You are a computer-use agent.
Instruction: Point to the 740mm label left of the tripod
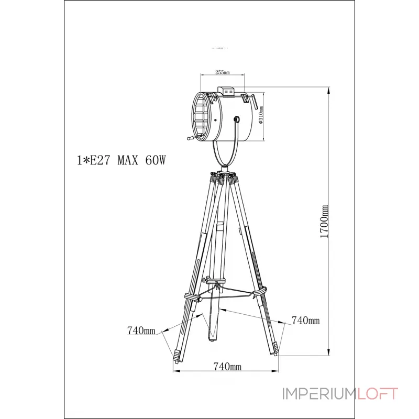tap(141, 330)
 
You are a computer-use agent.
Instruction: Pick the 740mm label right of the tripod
tap(305, 320)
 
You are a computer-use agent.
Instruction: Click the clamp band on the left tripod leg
tap(192, 297)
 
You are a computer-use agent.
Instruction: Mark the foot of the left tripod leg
tap(175, 357)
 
